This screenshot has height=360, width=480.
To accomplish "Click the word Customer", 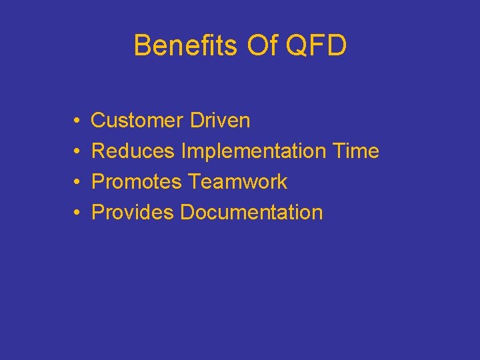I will [x=137, y=121].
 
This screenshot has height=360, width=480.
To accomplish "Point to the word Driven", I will [x=220, y=121].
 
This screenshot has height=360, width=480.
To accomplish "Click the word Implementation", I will [x=253, y=151].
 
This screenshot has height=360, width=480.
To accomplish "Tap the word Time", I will [x=355, y=151].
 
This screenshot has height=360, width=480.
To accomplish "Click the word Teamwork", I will [x=238, y=182].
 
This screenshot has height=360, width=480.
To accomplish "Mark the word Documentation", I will [x=251, y=213].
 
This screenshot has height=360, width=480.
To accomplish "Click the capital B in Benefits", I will [x=142, y=45].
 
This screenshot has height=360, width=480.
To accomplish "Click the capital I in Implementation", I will [x=183, y=151].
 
